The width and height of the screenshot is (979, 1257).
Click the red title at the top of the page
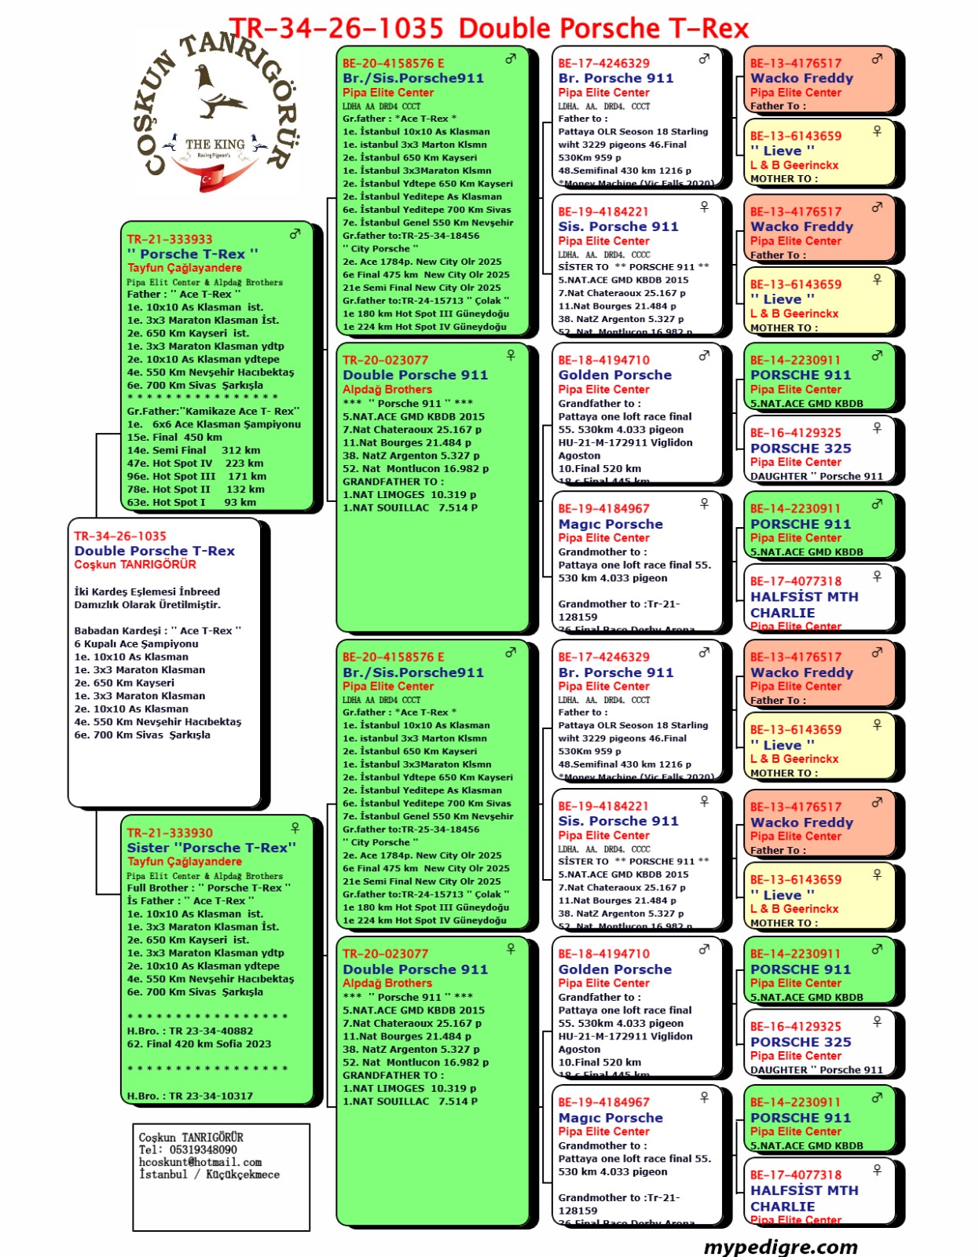[488, 29]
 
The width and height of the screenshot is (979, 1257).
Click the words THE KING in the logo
[214, 144]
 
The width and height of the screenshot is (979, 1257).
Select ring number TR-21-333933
[170, 240]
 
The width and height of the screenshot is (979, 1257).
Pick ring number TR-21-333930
[170, 833]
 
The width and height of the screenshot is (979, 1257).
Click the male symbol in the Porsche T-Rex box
[295, 233]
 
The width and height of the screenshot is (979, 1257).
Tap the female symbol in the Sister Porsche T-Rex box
[295, 827]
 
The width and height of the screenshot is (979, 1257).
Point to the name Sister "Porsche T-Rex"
[211, 848]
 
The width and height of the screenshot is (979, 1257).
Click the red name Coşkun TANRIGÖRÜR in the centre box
[135, 565]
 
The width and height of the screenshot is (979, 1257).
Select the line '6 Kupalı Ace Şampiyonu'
[136, 643]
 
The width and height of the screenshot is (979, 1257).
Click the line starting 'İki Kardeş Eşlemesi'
[147, 592]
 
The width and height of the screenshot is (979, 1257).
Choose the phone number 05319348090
[203, 1149]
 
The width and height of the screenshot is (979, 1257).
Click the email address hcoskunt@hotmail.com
[200, 1162]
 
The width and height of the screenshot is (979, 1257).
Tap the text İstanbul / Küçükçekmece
[209, 1175]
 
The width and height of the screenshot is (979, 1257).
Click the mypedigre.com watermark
[780, 1247]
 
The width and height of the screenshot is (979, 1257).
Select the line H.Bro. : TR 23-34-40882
[190, 1031]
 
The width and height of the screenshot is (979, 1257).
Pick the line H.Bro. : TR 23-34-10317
[190, 1096]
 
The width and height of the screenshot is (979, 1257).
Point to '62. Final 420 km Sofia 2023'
[199, 1044]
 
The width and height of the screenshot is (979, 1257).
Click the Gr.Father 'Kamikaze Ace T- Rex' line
[213, 411]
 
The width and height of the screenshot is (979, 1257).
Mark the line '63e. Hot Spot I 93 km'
[191, 502]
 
